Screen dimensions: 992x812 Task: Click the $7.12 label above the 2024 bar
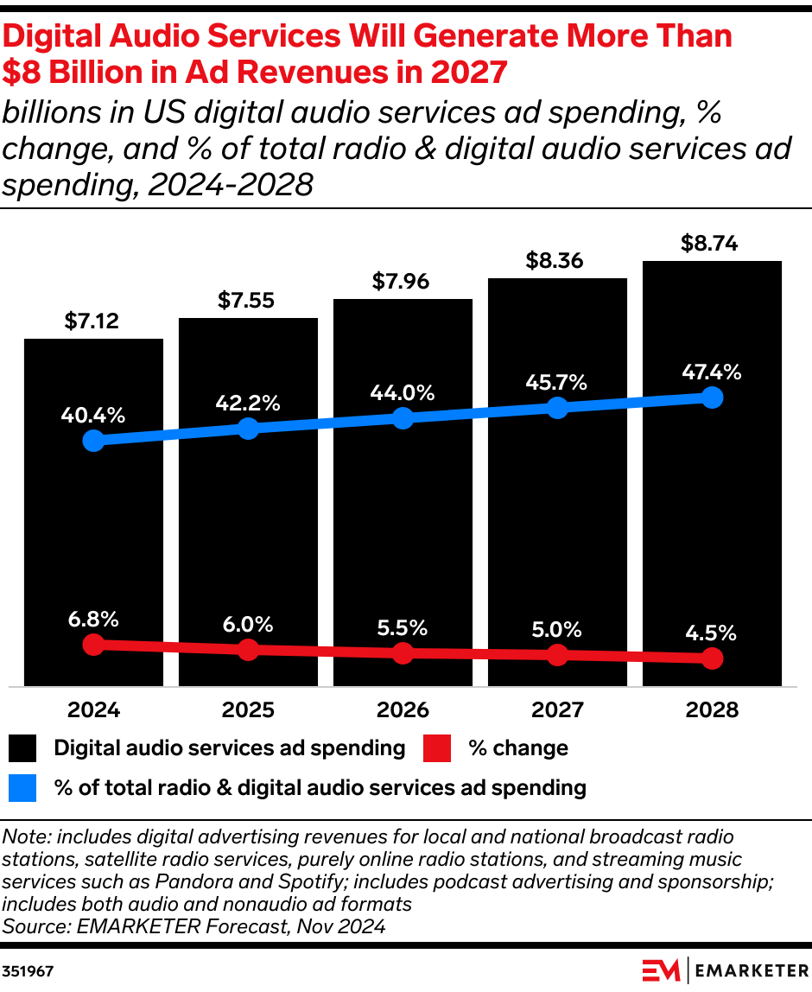point(92,322)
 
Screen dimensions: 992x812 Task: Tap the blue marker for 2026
point(403,418)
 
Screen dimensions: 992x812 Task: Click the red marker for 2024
point(93,645)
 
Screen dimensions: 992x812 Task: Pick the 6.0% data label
point(248,624)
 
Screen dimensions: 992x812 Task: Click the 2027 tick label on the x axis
point(557,710)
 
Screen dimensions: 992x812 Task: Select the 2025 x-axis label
point(248,710)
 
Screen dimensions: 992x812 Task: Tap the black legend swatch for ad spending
point(23,748)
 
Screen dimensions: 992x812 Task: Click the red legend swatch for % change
point(437,748)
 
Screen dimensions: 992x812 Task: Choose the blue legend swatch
point(23,788)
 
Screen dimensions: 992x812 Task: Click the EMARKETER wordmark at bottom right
point(748,970)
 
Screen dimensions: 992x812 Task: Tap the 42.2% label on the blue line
point(248,403)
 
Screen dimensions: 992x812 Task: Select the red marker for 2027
point(557,655)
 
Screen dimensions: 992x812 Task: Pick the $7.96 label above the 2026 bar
point(403,282)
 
